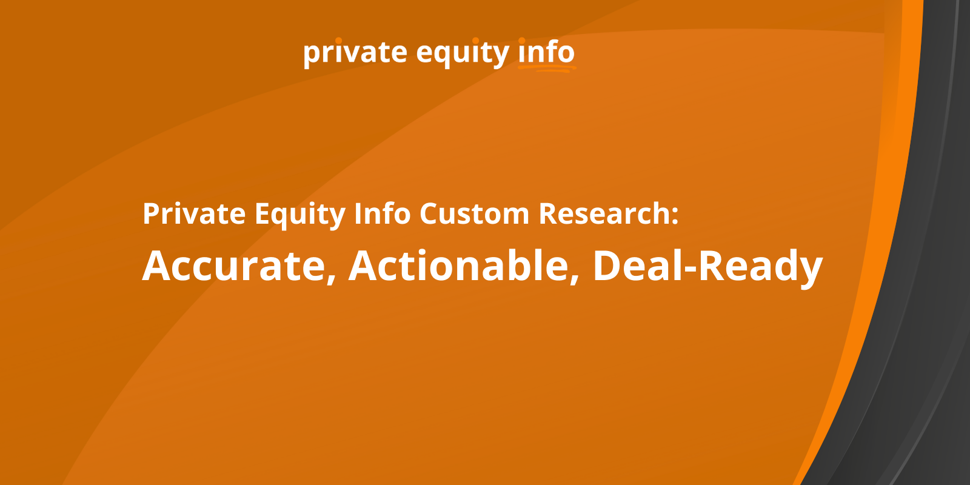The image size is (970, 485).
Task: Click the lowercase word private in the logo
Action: (355, 53)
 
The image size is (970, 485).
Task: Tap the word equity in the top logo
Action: (463, 53)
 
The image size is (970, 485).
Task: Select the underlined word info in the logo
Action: (546, 52)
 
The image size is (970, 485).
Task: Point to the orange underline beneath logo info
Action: (547, 69)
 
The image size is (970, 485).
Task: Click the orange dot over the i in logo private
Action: (339, 41)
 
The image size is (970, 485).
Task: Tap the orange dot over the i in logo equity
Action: (475, 41)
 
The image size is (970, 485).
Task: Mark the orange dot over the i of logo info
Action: (522, 41)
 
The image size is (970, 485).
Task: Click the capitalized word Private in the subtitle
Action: (194, 213)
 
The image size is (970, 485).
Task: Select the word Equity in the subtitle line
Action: (300, 215)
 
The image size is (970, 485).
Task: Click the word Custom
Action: (474, 213)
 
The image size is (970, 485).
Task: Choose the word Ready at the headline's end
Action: (760, 267)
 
